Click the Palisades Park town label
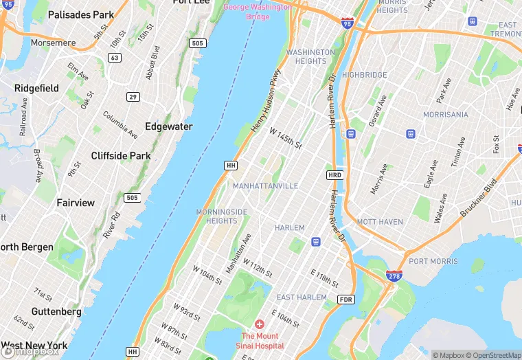point(81,14)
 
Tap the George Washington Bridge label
point(257,12)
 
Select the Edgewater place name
point(168,126)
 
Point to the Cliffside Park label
point(121,156)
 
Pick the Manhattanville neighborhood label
point(265,186)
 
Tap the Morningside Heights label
point(222,216)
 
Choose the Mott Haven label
point(380,222)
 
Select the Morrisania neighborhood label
point(445,114)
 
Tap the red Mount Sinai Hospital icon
point(259,324)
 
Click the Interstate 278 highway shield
point(394,275)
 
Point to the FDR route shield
point(345,300)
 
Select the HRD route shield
point(334,175)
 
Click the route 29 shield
point(132,96)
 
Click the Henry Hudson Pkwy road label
point(266,100)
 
